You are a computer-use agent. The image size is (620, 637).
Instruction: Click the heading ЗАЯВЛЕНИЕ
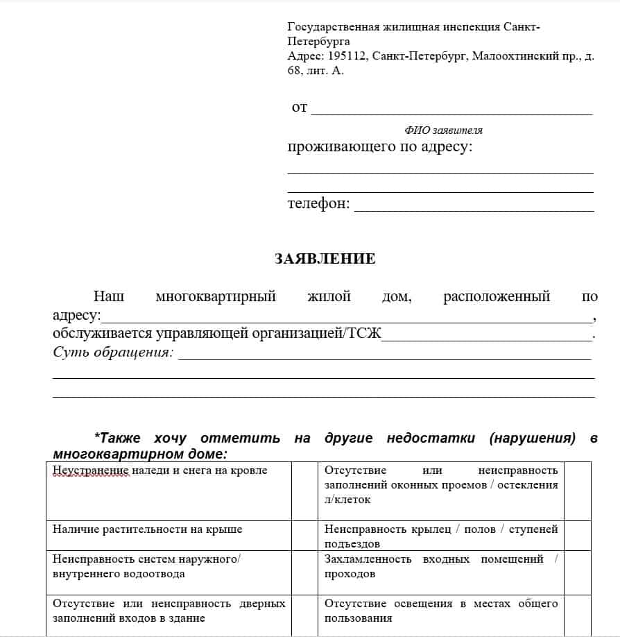coord(325,259)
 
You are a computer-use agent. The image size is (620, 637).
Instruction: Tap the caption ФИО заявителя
coord(443,130)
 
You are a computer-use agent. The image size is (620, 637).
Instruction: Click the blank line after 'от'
coord(451,110)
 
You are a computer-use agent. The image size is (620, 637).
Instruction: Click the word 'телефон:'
coord(318,204)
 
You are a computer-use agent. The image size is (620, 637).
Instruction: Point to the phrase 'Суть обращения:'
coord(112,352)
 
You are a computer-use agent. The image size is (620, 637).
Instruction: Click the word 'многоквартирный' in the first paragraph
coord(216,296)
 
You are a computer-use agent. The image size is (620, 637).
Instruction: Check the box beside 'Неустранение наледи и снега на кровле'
coord(304,491)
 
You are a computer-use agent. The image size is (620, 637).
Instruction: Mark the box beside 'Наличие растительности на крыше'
coord(304,536)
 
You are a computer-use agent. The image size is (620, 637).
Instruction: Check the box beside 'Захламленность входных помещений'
coord(578,566)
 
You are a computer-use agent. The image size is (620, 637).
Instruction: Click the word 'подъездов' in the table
coord(352,544)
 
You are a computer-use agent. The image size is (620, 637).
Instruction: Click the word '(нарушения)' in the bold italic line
coord(532,438)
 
